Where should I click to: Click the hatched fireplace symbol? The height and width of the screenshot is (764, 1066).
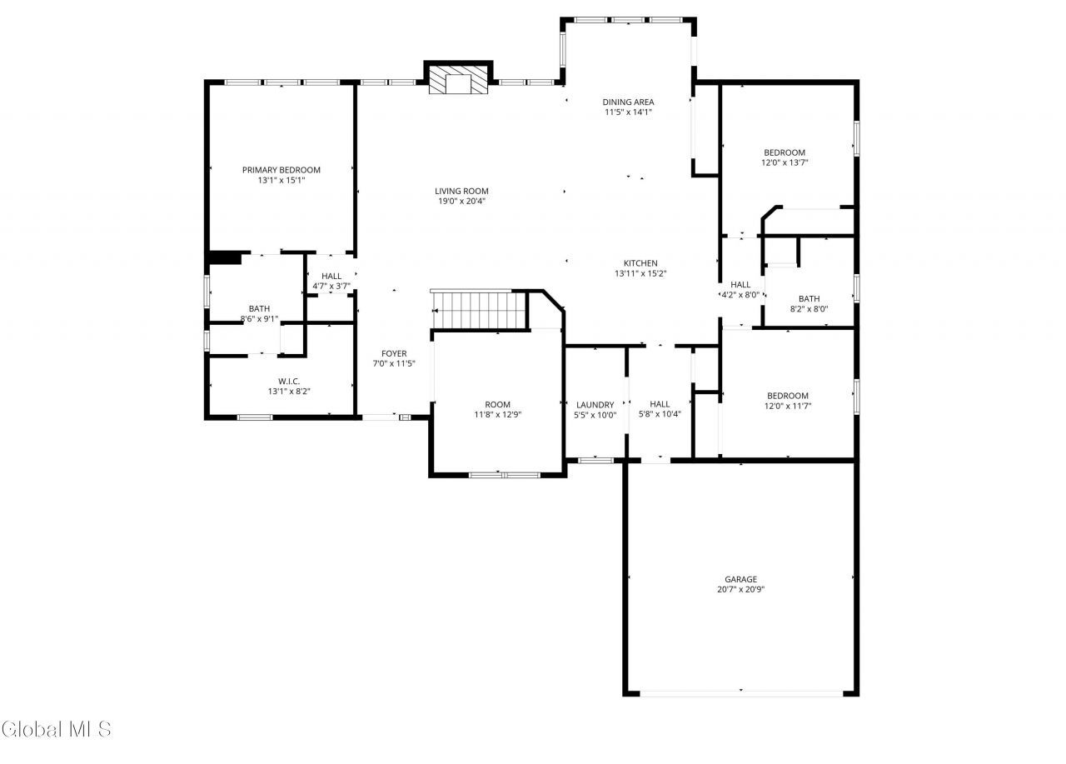click(458, 80)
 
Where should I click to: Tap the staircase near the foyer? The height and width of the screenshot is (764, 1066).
click(479, 310)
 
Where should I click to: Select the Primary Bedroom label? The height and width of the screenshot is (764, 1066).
click(281, 170)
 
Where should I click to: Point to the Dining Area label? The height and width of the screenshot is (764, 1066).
click(628, 102)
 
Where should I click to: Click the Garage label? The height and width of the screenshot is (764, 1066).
click(740, 579)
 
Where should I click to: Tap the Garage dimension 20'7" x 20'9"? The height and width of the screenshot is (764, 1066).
click(740, 590)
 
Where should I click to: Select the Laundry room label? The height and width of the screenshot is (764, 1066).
click(595, 405)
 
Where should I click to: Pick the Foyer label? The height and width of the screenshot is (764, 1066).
click(394, 353)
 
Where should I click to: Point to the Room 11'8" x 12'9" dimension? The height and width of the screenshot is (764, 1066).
click(498, 415)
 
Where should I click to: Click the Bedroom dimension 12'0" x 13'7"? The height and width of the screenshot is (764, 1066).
click(785, 163)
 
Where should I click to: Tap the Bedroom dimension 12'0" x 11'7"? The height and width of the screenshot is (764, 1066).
click(788, 407)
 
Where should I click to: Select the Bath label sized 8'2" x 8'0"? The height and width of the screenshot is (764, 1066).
click(809, 299)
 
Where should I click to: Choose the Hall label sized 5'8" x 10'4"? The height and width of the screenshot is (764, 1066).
click(660, 404)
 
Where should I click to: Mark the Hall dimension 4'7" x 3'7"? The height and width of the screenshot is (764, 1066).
click(331, 287)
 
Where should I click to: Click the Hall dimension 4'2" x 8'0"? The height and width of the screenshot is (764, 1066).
click(740, 295)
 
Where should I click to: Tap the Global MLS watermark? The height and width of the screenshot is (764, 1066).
click(57, 729)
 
